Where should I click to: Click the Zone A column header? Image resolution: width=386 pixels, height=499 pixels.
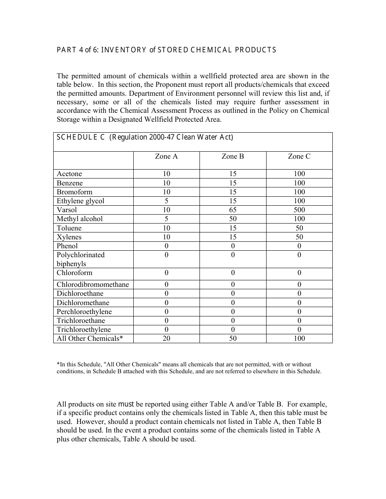click(166, 156)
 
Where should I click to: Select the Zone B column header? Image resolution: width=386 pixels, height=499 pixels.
click(232, 156)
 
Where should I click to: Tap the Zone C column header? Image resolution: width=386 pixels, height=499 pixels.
click(299, 156)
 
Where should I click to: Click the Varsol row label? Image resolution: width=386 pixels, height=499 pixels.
click(67, 210)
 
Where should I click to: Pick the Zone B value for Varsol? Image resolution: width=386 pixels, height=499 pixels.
click(232, 210)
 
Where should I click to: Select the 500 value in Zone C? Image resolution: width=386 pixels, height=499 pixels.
click(299, 210)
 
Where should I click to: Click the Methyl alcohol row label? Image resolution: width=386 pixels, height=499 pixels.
click(80, 219)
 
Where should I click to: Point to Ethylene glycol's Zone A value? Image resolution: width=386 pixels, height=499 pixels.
click(166, 201)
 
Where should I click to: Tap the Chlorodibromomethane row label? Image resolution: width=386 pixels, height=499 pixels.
click(93, 284)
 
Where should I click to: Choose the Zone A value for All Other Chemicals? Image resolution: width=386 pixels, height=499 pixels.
click(166, 338)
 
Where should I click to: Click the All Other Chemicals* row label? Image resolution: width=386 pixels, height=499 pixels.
click(90, 338)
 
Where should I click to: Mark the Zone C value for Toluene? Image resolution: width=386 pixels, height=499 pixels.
click(299, 228)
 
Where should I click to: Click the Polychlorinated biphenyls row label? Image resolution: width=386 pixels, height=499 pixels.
click(80, 259)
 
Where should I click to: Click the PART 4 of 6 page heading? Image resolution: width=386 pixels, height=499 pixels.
click(166, 50)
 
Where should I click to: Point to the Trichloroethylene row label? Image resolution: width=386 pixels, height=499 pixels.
click(84, 329)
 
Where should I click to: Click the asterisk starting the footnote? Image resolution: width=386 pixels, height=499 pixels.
click(58, 364)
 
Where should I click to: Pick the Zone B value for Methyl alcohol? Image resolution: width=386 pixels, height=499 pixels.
click(232, 219)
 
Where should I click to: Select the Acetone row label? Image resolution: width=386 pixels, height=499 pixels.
click(69, 174)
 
